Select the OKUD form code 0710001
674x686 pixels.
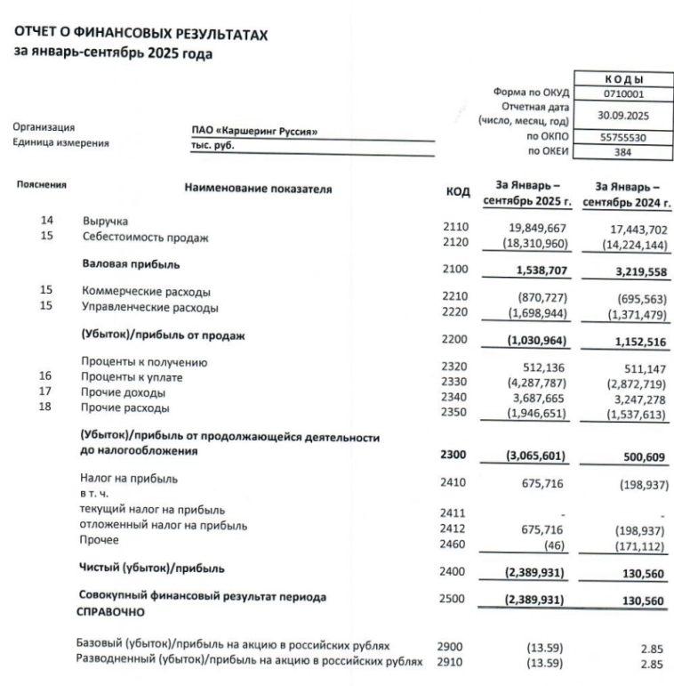point(624,93)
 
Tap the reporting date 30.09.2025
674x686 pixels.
point(624,114)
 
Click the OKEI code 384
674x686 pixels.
point(624,151)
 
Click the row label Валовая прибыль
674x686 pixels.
point(131,264)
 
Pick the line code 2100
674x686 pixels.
point(453,266)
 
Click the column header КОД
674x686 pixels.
point(457,191)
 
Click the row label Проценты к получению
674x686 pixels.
point(144,362)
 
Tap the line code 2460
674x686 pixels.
point(453,540)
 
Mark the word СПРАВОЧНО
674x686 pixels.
point(113,612)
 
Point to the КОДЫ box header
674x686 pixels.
point(624,79)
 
